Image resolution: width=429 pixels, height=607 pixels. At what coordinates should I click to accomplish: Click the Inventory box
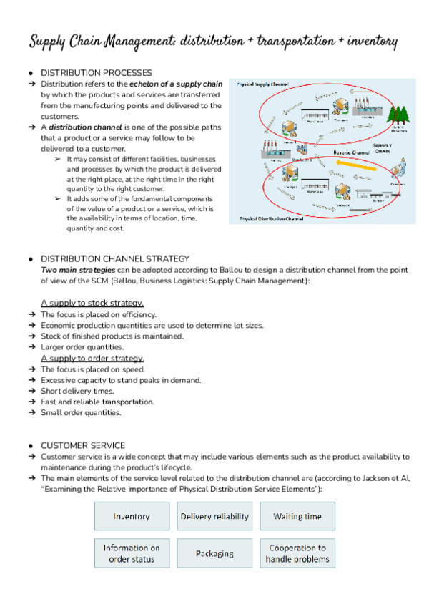coord(132,516)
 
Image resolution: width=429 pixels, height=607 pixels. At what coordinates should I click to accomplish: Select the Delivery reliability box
coord(214,516)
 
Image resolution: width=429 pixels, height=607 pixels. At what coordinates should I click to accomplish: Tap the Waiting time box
coord(297,516)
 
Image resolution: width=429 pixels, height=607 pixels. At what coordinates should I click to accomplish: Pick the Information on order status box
coord(132,553)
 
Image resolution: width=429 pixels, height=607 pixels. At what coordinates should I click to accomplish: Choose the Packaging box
coord(214,553)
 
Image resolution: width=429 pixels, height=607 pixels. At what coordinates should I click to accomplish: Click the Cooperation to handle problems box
coord(297,553)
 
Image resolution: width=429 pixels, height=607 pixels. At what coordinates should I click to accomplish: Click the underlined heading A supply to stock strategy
coord(92,303)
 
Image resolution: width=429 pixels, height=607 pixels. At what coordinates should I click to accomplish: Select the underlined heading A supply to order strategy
coord(92,358)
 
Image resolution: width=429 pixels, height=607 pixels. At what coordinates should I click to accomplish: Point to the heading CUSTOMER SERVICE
coord(82,445)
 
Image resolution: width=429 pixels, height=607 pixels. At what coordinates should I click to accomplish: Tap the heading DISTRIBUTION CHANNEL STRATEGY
coord(114,258)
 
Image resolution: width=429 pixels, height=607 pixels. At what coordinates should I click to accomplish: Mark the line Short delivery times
coord(77,391)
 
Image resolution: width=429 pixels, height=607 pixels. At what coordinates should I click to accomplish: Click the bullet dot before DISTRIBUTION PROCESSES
coord(31,73)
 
